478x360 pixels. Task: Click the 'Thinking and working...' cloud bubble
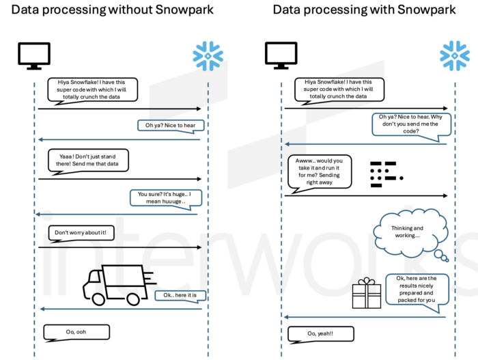(x=408, y=232)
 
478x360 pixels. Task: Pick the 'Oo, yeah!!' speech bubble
(x=320, y=333)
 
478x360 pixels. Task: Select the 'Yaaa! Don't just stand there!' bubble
(x=88, y=161)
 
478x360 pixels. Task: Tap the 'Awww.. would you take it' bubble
(x=320, y=171)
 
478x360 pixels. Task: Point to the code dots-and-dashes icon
(x=383, y=174)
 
